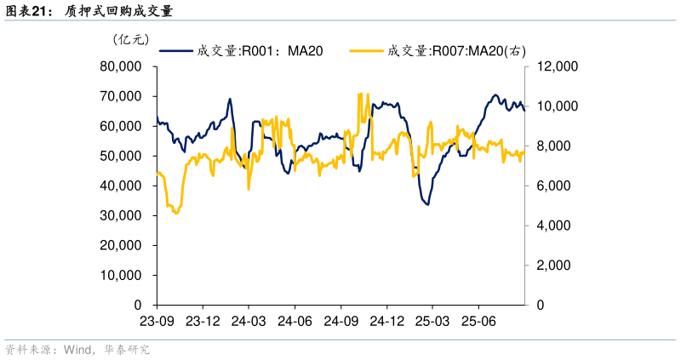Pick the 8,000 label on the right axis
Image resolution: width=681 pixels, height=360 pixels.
[552, 146]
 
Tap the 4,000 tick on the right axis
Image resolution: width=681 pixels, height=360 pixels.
[552, 226]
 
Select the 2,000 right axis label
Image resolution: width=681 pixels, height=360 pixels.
[552, 266]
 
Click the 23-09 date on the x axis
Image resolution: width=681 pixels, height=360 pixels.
[156, 321]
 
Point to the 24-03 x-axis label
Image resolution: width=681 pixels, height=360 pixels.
[248, 321]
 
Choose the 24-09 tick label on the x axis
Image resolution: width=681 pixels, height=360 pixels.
[340, 321]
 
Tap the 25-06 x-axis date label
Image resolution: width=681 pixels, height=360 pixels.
[478, 321]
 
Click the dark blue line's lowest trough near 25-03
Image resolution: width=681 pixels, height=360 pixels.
[426, 204]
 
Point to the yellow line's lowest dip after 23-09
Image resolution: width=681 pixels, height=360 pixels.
[176, 213]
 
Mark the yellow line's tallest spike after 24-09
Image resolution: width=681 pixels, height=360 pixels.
[360, 94]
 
